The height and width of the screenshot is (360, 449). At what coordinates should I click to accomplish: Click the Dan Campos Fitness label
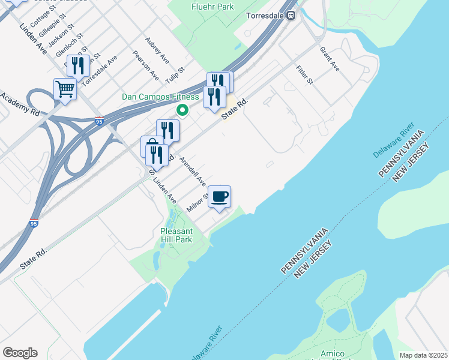(160, 97)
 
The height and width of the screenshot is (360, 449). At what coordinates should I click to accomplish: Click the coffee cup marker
(220, 196)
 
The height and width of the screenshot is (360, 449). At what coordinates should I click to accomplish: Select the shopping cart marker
(65, 89)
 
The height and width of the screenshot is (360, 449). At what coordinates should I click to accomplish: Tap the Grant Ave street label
(330, 59)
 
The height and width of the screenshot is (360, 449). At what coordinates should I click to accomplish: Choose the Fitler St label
(305, 74)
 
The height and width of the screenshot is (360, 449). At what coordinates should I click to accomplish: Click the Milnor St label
(197, 203)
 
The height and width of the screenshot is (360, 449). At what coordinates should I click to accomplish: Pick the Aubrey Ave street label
(157, 52)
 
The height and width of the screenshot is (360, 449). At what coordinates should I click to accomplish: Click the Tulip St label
(173, 76)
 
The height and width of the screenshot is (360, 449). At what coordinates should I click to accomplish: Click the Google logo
(20, 353)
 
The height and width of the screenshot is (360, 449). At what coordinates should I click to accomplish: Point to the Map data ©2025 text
(424, 355)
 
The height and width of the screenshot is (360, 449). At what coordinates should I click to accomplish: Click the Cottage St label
(43, 17)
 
